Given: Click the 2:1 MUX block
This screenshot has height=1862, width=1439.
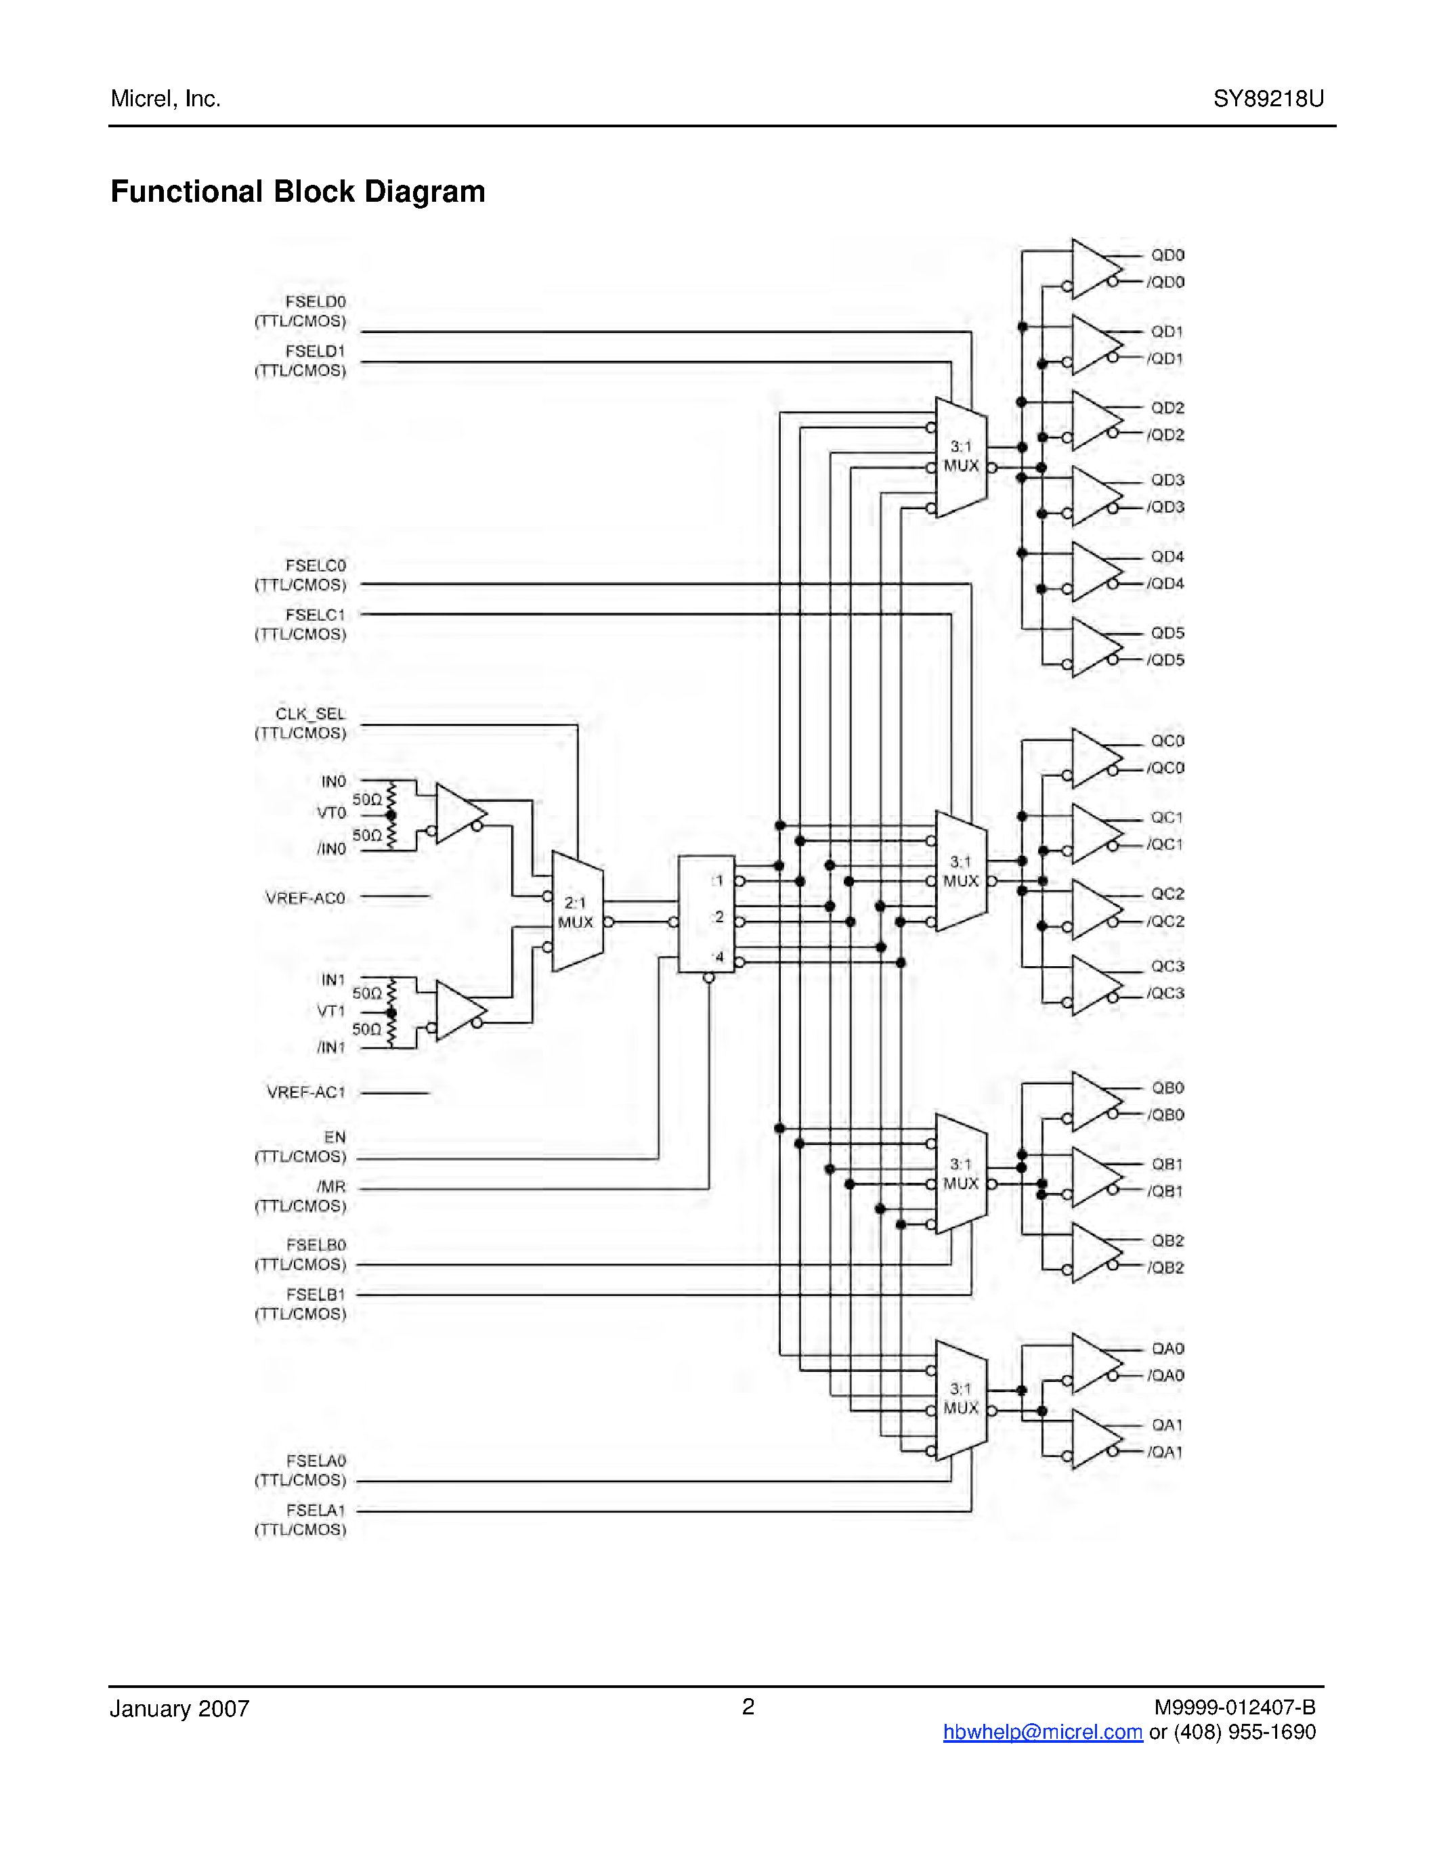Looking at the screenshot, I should coord(577,911).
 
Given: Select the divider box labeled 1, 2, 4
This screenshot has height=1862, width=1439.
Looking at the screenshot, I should coord(706,914).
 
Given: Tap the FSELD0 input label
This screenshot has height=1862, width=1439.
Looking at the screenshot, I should coord(316,302).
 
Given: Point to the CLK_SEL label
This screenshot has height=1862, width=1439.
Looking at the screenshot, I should coord(310,714).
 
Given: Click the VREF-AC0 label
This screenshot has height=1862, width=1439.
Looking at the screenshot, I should coord(305,898).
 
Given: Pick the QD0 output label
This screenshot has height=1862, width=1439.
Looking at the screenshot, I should coord(1167,255).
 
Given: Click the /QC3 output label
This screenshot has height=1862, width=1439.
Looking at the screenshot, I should coord(1165,993).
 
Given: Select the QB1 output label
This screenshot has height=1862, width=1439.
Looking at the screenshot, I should coord(1167,1164).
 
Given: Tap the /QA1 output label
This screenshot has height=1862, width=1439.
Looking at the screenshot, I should coord(1165,1452).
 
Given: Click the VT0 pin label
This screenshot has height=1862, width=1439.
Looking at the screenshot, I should coord(332,813).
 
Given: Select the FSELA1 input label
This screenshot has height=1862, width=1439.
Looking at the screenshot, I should coord(316,1510).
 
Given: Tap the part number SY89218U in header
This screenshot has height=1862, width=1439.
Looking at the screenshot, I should coord(1268,99).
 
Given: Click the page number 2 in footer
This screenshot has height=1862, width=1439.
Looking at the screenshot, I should coord(748,1706).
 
